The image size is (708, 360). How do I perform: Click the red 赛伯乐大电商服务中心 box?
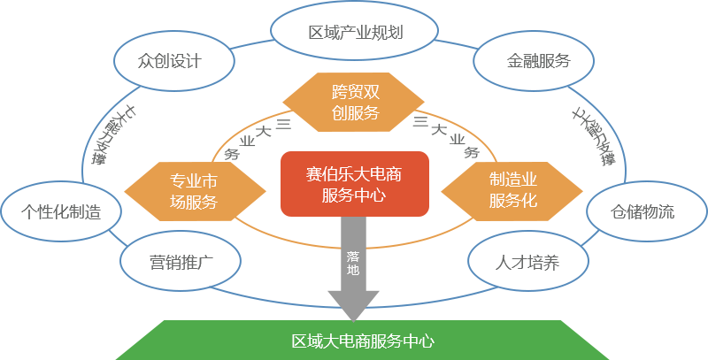(354, 183)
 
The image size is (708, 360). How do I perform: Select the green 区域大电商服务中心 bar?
(362, 340)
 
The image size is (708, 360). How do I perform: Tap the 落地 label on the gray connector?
(353, 263)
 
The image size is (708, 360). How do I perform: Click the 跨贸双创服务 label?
(355, 101)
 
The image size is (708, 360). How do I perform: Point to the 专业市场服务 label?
(194, 190)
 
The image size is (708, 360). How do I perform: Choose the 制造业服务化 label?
(513, 190)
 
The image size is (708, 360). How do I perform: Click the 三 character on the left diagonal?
(284, 122)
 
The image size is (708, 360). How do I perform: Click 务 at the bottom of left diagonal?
(232, 153)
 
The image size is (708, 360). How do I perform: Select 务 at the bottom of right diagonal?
(473, 151)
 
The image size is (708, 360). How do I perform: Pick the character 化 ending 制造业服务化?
(529, 200)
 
